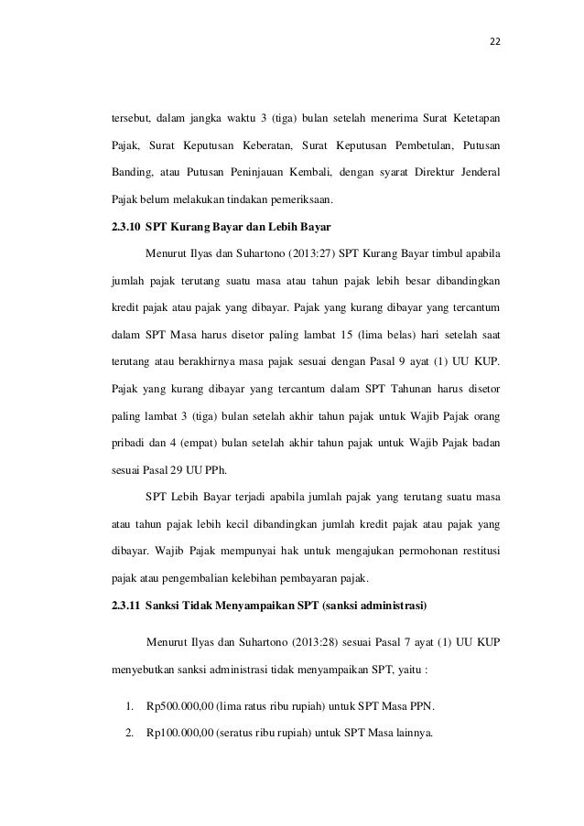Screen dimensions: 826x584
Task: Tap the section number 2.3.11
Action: [x=124, y=604]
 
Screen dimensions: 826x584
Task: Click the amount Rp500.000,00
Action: [x=182, y=706]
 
